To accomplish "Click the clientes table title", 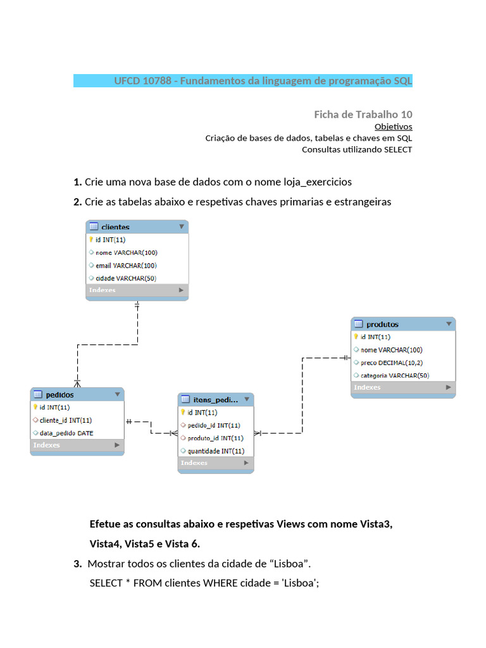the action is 115,227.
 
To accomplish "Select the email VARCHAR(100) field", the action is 126,265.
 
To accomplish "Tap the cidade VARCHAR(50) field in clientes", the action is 126,278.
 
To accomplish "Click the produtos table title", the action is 382,325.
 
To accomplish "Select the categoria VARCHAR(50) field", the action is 395,375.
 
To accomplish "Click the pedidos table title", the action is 60,395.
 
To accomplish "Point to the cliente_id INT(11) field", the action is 66,420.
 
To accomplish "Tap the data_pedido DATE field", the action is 66,433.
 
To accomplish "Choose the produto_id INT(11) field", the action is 215,438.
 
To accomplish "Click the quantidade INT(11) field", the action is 216,451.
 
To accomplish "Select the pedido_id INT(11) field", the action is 214,425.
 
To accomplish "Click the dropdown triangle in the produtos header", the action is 449,324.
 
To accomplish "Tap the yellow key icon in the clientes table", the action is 91,239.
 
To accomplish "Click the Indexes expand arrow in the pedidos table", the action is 117,445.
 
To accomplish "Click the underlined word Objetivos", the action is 394,127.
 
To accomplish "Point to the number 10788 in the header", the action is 157,80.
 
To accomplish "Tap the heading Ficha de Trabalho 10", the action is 363,115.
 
